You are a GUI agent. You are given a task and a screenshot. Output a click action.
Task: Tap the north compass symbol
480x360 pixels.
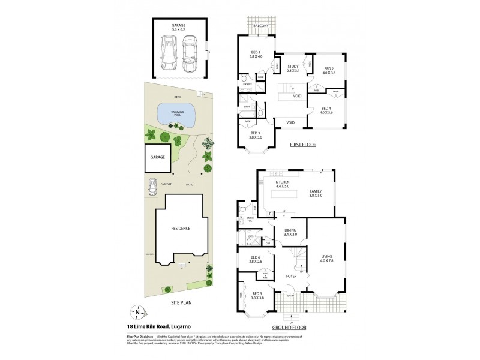click(137, 311)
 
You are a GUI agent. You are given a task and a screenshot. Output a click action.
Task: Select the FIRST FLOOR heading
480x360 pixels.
click(303, 145)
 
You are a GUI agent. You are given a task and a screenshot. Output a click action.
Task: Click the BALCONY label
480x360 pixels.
click(260, 26)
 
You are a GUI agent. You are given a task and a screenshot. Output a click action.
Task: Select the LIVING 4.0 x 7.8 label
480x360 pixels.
click(326, 259)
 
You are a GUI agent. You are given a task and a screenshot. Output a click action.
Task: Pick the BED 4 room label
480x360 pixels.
click(326, 110)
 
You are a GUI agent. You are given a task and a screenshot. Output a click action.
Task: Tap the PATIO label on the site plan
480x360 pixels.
click(189, 185)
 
